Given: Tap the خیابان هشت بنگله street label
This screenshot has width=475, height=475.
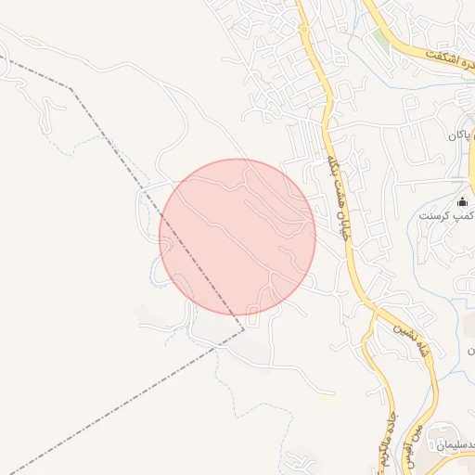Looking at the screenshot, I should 335,196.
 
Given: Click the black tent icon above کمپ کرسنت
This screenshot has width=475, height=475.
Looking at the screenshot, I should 462,202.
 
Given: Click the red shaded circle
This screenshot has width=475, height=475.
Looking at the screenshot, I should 237,237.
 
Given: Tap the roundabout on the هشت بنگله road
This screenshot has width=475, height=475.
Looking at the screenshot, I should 304,29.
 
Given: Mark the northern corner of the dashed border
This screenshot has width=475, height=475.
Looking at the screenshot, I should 71,88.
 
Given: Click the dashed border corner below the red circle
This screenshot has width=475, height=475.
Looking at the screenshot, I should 244,328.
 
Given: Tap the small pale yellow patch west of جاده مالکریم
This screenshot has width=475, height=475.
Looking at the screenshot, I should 324,400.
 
